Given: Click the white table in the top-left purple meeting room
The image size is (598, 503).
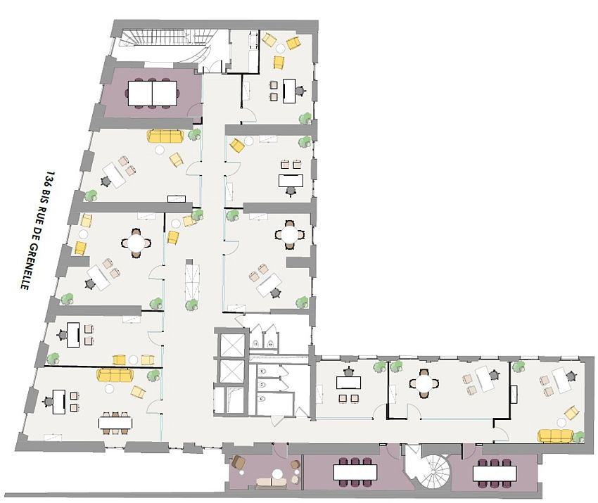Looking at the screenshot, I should pos(152,92).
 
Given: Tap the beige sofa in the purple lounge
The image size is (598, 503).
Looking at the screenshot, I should pos(270,482).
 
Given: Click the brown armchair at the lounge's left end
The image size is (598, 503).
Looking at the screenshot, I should pos(238,463).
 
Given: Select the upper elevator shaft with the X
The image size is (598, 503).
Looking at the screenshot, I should pos(230,345).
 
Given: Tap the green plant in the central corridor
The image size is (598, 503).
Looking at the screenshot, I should pos(191,305).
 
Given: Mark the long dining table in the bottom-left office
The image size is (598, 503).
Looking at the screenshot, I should pos(115,422).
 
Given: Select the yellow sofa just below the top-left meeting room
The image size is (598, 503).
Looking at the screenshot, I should pos(165,135).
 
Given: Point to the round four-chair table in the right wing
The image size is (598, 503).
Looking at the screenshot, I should pos(424,383).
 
